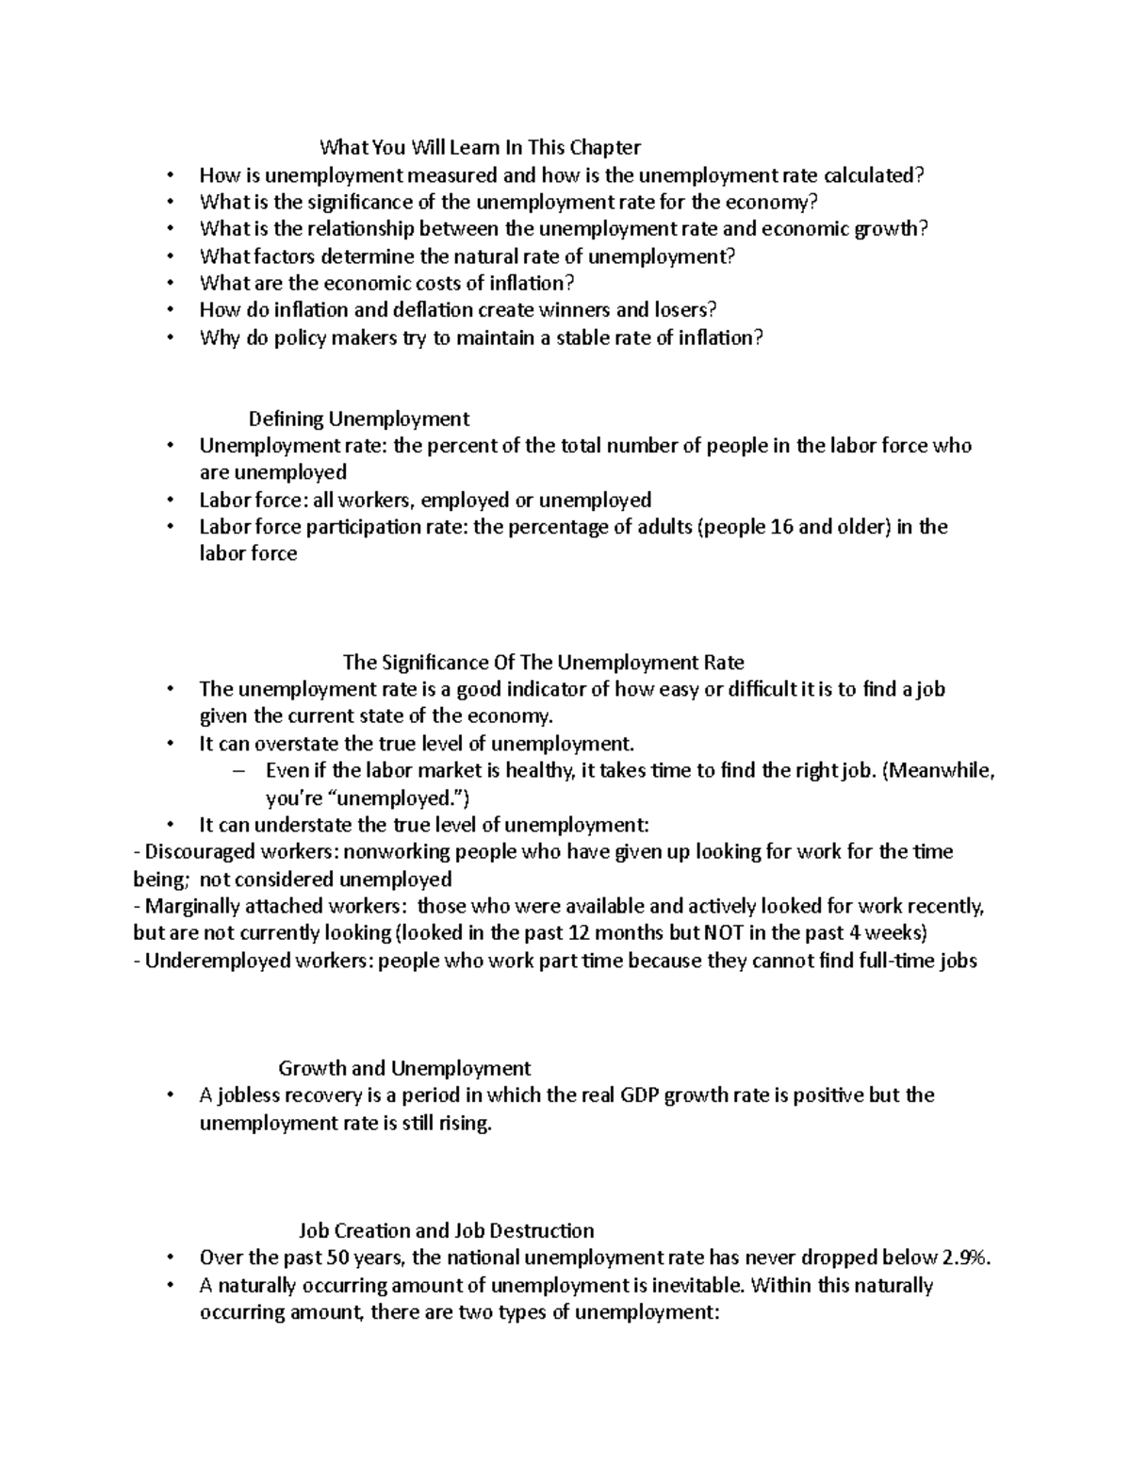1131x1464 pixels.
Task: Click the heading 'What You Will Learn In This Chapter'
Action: point(480,147)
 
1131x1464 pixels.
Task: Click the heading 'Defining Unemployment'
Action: point(358,419)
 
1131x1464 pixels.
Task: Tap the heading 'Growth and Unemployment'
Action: point(404,1068)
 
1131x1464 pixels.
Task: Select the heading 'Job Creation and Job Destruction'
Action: point(446,1230)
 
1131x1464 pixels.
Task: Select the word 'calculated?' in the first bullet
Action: point(875,175)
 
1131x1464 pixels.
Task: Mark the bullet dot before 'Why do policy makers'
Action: point(170,338)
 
